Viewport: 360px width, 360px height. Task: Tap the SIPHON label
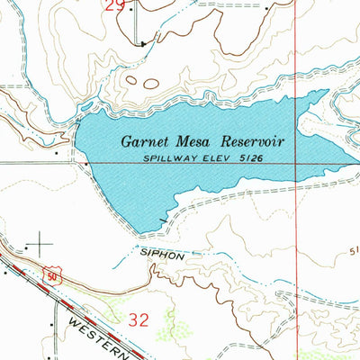161,255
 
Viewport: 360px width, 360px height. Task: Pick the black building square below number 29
142,41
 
